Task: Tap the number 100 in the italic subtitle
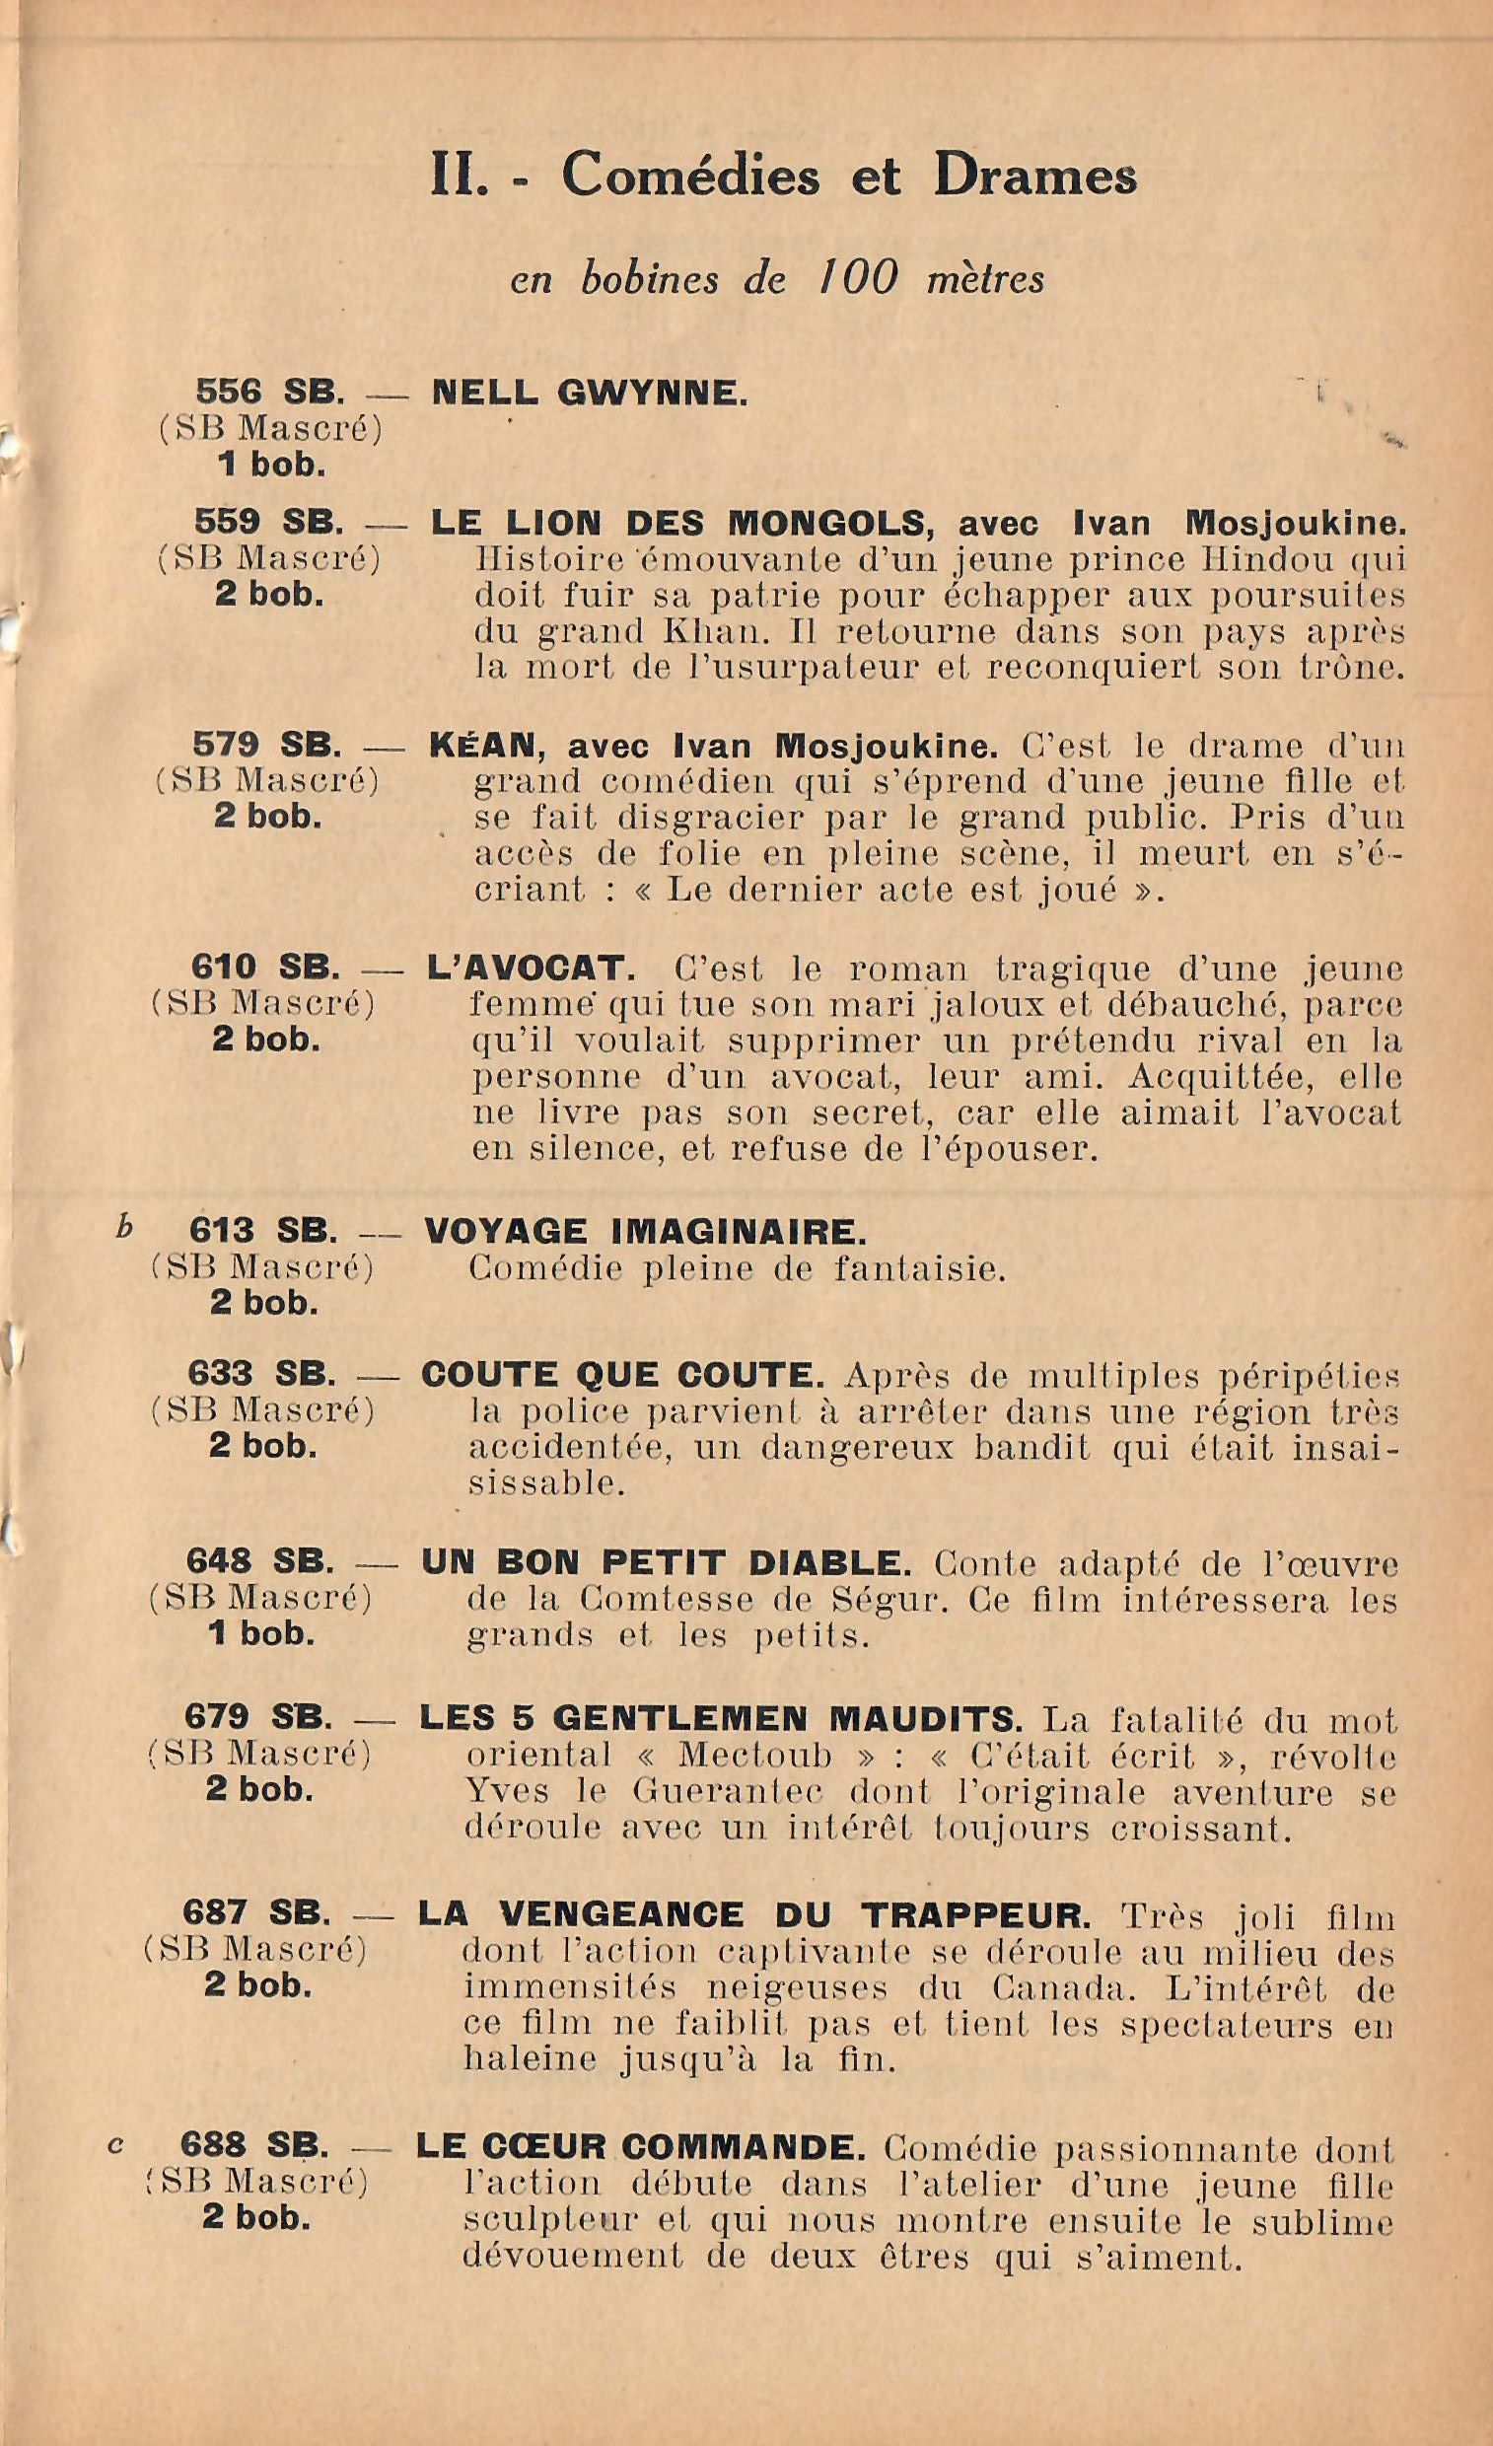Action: tap(860, 277)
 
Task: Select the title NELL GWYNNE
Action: tap(590, 396)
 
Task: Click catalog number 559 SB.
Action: tap(269, 523)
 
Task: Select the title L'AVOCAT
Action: tap(530, 967)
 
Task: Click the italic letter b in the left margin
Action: tap(124, 1228)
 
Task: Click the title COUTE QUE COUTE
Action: tap(622, 1376)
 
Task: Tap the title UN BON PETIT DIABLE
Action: tap(665, 1563)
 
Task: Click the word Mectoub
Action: tap(754, 1756)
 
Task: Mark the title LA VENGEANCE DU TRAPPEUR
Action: tap(754, 1915)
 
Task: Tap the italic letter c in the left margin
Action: tap(116, 2145)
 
